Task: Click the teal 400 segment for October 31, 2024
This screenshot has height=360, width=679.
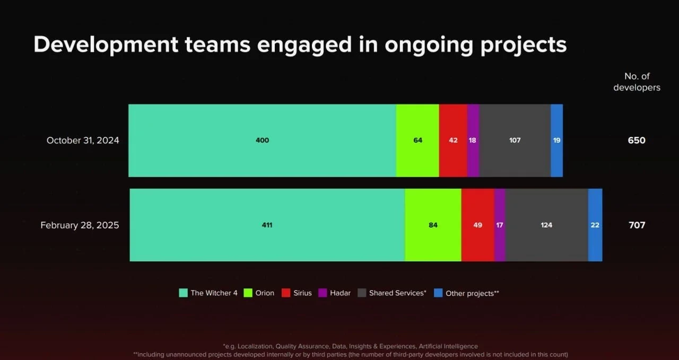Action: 262,141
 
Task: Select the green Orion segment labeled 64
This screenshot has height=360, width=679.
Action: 417,141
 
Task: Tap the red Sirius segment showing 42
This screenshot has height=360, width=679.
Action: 453,141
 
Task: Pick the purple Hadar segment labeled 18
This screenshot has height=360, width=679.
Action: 473,141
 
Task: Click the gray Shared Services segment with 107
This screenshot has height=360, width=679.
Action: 515,141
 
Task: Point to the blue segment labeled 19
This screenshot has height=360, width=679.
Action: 556,141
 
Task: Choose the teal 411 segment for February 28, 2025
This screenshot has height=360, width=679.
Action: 267,225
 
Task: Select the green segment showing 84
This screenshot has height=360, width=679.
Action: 433,225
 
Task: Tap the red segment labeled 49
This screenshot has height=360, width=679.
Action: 477,225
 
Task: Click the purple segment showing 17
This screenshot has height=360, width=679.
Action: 500,225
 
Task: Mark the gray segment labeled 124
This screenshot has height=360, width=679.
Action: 546,225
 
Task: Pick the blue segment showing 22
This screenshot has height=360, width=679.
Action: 595,225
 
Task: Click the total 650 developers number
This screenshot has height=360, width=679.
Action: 637,141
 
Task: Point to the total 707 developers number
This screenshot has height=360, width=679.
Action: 637,225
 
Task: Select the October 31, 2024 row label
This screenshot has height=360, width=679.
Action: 83,141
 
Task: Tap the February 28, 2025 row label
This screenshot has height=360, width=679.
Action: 80,225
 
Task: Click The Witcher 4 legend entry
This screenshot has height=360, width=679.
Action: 208,293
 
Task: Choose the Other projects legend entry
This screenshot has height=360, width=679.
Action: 467,293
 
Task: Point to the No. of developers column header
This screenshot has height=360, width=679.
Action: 637,82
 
